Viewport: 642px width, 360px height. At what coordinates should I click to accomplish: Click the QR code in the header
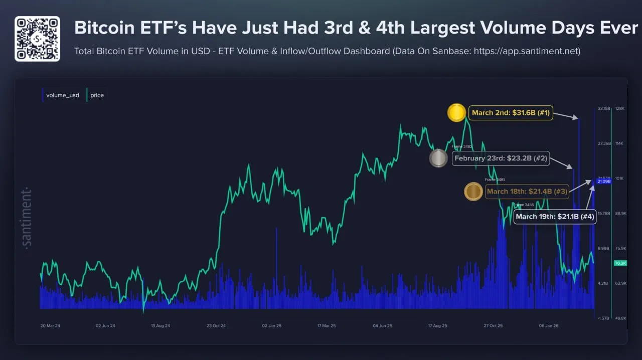tap(37, 39)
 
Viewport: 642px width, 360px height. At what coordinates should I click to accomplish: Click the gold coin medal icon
tap(456, 113)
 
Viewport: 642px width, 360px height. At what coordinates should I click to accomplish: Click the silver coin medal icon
tap(438, 158)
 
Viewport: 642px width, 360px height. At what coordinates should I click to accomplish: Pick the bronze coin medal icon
tap(473, 192)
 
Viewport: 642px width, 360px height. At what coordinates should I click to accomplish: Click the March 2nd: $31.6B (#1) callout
tap(511, 113)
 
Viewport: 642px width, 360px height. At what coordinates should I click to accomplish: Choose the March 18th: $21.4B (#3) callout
tap(527, 192)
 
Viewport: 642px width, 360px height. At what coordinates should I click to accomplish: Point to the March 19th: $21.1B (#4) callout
tap(555, 217)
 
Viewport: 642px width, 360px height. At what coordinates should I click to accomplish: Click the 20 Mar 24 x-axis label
tap(50, 326)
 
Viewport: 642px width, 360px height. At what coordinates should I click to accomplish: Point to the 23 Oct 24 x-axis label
tap(216, 326)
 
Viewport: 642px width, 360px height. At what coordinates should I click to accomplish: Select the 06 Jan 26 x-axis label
tap(548, 326)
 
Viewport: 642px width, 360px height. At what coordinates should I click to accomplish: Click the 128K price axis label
tap(620, 108)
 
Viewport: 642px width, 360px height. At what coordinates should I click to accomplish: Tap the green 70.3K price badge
tap(620, 263)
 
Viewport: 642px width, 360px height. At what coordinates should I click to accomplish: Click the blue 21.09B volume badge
tap(604, 182)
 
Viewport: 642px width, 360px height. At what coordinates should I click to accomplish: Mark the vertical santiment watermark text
tap(27, 218)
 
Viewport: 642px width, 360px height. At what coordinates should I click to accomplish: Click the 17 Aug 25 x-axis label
tap(437, 326)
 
